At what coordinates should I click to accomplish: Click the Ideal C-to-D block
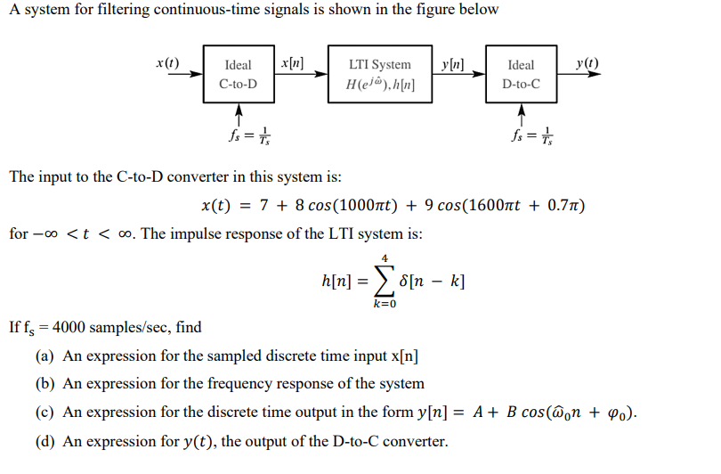point(239,74)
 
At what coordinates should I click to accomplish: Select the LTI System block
point(380,74)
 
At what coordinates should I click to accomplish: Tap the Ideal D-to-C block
point(521,74)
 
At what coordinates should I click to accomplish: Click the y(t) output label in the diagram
point(587,63)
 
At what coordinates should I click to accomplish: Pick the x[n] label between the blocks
point(291,63)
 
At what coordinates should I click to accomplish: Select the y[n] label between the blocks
point(453,63)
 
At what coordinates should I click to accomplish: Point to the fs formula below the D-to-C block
point(531,137)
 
